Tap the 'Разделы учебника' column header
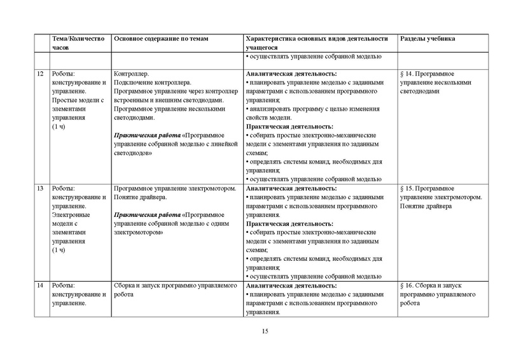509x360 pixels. pos(427,39)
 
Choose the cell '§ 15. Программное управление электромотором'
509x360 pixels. pos(440,198)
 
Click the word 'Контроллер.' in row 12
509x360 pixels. pos(130,74)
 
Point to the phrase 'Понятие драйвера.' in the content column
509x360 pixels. pos(139,198)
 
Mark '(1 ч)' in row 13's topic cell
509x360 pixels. pos(59,251)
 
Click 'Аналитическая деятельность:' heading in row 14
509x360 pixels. pos(290,286)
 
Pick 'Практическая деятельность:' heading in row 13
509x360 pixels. pos(289,224)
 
